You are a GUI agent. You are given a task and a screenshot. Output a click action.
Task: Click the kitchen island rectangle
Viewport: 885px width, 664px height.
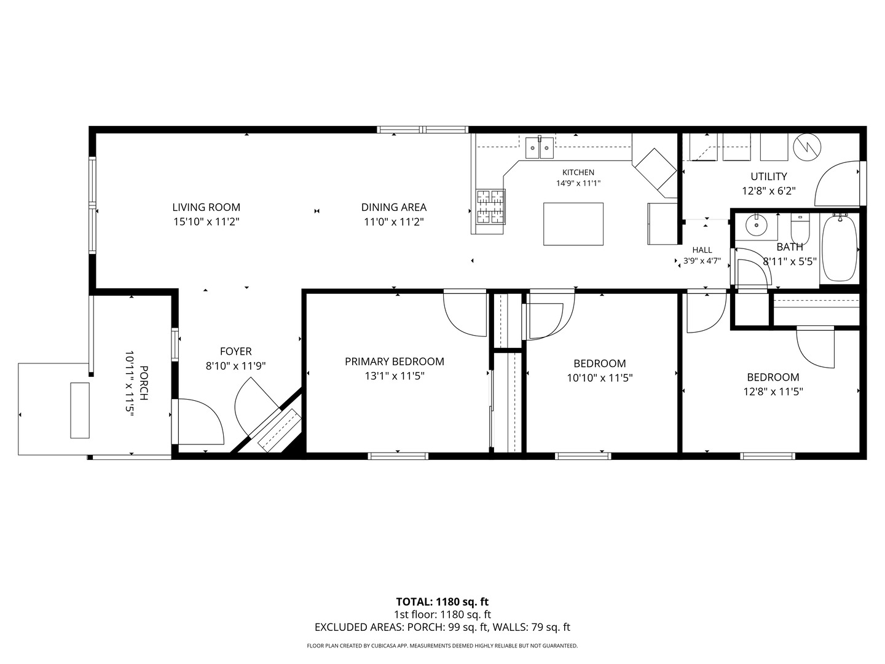(573, 224)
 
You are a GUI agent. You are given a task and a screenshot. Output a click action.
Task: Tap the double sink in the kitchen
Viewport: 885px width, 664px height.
(539, 148)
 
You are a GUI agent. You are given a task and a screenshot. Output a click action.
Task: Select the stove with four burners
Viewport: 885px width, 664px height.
(490, 207)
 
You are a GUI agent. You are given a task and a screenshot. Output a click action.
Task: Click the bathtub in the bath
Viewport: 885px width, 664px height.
(839, 248)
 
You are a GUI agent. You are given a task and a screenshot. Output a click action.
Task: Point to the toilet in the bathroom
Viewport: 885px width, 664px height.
(800, 229)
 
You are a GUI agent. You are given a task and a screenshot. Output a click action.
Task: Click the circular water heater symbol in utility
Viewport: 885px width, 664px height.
(807, 147)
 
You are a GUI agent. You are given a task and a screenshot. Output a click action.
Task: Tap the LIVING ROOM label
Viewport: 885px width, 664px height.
(206, 207)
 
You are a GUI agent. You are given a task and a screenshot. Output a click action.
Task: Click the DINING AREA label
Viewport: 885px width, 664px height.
(394, 207)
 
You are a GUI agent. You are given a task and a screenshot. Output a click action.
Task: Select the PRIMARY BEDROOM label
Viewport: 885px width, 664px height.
(395, 362)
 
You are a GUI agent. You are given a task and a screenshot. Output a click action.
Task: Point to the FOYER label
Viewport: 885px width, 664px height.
(236, 352)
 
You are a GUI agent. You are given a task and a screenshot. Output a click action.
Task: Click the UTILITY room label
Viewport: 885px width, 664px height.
(769, 176)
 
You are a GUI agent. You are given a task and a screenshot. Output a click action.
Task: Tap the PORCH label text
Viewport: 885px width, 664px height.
(144, 382)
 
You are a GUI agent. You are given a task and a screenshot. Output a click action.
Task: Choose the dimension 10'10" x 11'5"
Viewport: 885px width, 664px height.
(600, 378)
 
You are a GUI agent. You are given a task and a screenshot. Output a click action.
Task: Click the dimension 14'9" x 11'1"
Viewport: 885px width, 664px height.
(578, 183)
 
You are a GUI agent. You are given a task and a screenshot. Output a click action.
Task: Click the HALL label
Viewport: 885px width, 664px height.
(702, 250)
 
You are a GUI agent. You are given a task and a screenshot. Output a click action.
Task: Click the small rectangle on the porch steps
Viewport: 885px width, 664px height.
(80, 410)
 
